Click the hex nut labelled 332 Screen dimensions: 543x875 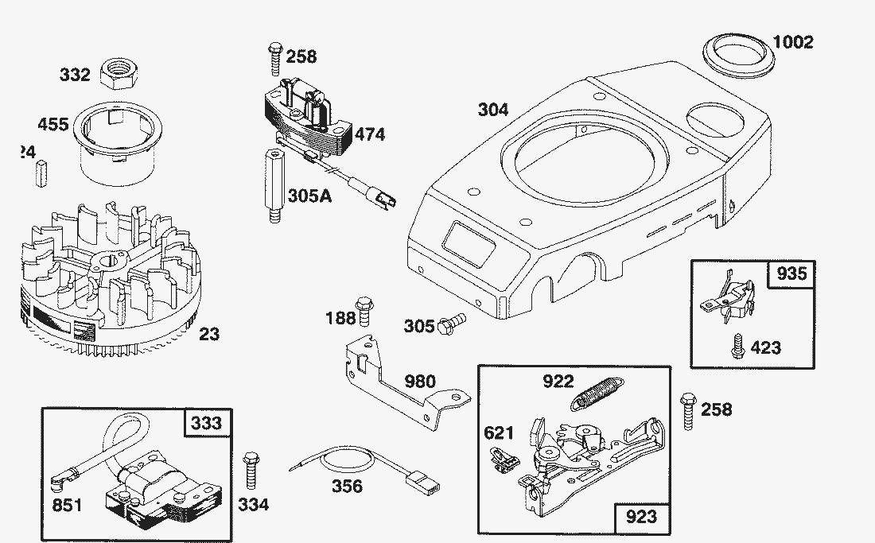tap(115, 76)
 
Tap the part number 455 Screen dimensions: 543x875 tap(52, 125)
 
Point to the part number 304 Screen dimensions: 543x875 tap(493, 110)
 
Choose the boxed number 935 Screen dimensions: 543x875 tap(791, 273)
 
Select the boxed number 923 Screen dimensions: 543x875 tap(641, 518)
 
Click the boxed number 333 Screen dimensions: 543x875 tap(206, 422)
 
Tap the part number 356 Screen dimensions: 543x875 tap(347, 487)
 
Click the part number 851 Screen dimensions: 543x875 tap(67, 506)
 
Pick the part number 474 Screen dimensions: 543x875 tap(369, 134)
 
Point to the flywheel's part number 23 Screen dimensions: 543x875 tap(208, 334)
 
